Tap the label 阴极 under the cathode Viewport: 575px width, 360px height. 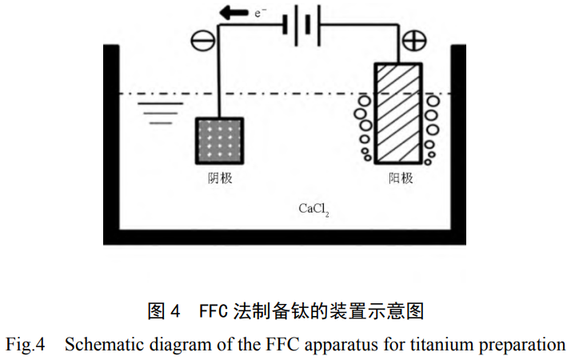click(x=219, y=178)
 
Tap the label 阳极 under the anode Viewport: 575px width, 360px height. click(x=401, y=178)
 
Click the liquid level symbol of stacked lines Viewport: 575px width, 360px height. click(x=157, y=113)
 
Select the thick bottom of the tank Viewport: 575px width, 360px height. click(x=284, y=236)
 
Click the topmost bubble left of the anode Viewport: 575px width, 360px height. click(x=364, y=102)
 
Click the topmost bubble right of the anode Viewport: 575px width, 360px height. click(x=433, y=102)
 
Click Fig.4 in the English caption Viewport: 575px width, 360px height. click(x=26, y=346)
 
